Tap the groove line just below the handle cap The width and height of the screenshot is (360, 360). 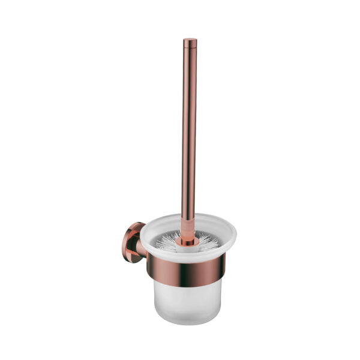tap(190, 46)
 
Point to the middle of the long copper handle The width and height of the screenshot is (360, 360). tap(190, 132)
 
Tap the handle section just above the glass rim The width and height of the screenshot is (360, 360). tap(190, 207)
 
